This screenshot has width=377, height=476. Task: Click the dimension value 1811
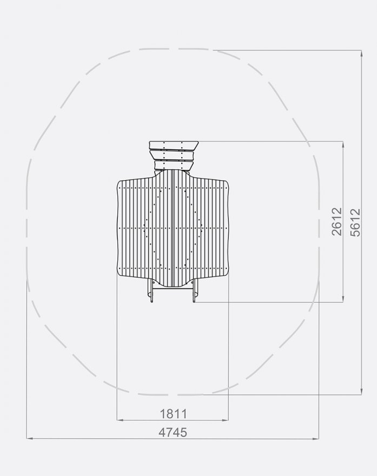click(173, 414)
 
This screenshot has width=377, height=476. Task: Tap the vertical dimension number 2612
click(337, 221)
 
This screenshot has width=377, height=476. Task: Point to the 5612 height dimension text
click(355, 221)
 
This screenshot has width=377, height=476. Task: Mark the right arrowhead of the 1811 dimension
click(226, 420)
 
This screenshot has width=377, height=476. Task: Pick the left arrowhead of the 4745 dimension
click(29, 438)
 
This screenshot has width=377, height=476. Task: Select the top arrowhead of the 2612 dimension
click(343, 144)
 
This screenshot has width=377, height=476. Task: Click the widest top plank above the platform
click(174, 145)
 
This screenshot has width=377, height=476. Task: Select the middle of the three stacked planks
click(174, 156)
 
